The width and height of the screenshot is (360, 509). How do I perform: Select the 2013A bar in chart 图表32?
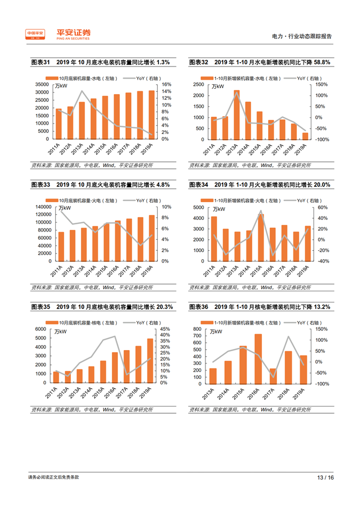pos(236,115)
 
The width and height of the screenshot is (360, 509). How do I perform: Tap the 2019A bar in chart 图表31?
pos(151,115)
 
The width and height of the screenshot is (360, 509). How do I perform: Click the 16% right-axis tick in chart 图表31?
pos(164,84)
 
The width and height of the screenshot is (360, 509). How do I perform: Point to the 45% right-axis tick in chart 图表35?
pos(166,329)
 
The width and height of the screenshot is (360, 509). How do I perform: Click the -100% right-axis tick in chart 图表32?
pos(322,139)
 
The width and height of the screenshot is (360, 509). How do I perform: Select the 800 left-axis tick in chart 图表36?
pos(198,329)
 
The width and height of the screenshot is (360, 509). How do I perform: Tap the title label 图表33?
pos(40,185)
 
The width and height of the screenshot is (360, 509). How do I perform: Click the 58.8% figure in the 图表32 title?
pos(320,63)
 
